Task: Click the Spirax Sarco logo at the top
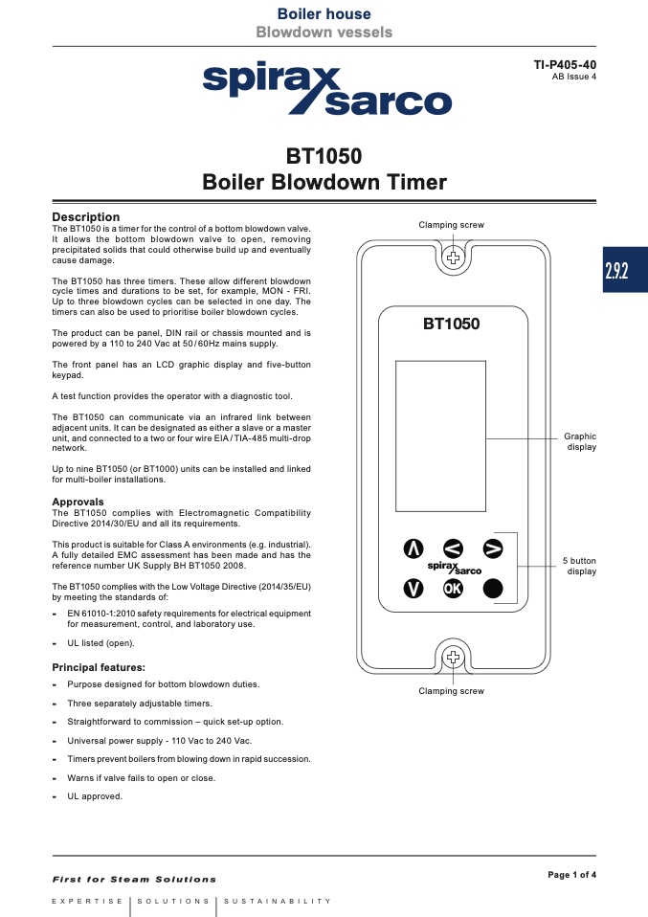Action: click(x=325, y=88)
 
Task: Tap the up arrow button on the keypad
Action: click(x=413, y=548)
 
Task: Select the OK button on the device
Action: click(x=453, y=588)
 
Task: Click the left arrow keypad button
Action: click(x=453, y=548)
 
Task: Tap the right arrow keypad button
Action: click(x=492, y=548)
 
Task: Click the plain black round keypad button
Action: click(x=492, y=588)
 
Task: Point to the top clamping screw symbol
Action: click(x=453, y=257)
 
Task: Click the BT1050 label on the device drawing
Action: click(x=452, y=324)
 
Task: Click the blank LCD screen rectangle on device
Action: click(x=439, y=436)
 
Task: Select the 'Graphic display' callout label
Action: click(x=580, y=441)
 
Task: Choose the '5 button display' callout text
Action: click(x=578, y=566)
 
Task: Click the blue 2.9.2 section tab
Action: click(x=616, y=271)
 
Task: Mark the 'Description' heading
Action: click(x=85, y=217)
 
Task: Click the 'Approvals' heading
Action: click(x=78, y=502)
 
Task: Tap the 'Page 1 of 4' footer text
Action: click(x=571, y=874)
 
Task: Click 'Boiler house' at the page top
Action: click(x=324, y=13)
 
